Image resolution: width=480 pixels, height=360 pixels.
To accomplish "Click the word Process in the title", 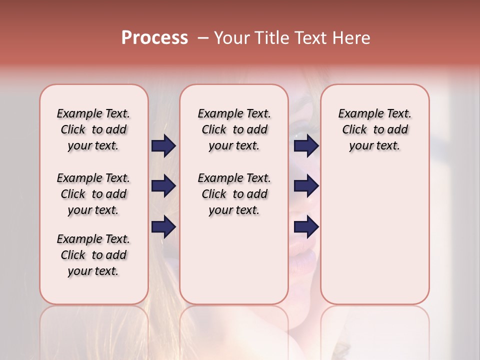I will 154,38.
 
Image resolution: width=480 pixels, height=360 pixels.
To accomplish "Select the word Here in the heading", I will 351,38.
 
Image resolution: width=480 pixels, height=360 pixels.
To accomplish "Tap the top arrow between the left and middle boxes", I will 163,146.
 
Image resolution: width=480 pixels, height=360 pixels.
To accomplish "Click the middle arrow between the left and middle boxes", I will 163,186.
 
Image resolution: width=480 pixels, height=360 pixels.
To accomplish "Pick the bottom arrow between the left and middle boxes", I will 163,227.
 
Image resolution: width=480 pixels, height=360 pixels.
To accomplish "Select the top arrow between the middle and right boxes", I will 306,146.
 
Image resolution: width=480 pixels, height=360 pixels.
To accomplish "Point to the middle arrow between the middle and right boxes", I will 306,186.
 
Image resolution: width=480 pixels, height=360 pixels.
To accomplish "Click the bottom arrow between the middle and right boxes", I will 306,227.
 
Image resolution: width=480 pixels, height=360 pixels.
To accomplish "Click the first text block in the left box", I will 93,129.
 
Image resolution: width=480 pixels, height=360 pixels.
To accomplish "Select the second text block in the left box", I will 93,194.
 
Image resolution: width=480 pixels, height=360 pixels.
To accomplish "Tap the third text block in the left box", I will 93,255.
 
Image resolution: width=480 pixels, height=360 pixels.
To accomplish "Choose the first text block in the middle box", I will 234,129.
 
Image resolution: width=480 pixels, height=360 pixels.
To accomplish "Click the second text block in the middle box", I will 234,194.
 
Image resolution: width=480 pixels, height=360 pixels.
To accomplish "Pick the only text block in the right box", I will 374,129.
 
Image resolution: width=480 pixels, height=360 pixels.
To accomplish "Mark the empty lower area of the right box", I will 374,235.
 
